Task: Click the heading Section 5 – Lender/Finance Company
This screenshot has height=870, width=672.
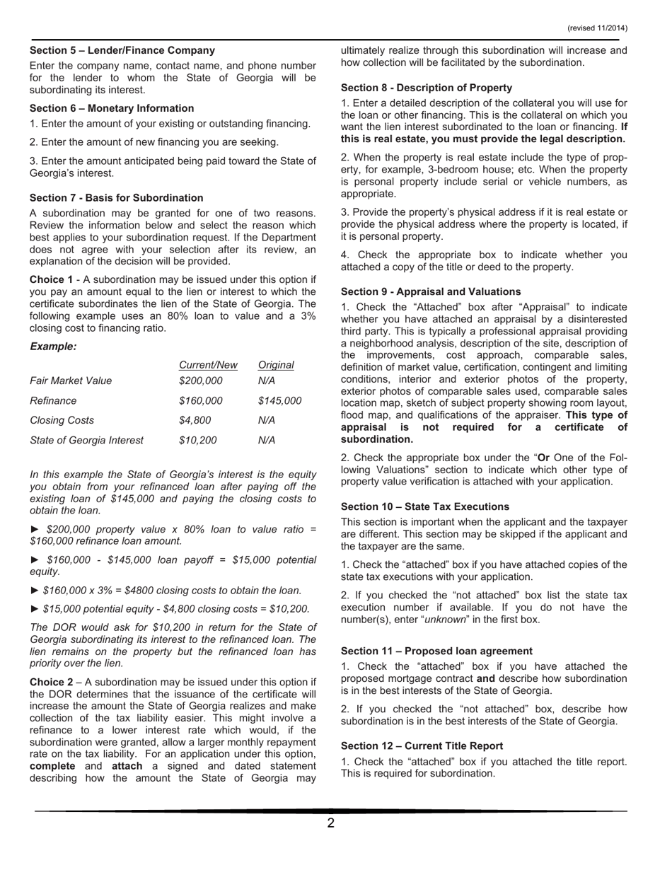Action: (122, 50)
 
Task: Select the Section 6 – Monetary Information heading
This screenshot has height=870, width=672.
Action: (112, 108)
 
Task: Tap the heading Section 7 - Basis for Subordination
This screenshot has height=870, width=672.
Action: (117, 197)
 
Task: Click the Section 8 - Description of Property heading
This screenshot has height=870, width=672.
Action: (427, 88)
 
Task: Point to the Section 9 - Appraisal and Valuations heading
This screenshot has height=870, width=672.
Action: (431, 291)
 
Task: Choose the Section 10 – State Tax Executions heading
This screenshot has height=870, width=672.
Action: (425, 506)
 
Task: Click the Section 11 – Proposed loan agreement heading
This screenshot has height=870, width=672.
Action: (436, 651)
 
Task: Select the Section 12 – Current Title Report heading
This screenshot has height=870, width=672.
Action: (422, 746)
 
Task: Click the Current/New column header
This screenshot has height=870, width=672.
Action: (208, 365)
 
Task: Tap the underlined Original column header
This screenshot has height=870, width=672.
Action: (276, 365)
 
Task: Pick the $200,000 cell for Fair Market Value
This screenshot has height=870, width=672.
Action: (201, 381)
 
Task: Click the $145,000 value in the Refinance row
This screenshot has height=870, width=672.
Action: (280, 400)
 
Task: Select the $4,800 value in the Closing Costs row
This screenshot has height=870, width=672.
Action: (195, 420)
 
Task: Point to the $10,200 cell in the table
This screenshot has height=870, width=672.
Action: (198, 440)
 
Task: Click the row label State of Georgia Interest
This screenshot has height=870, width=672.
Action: (86, 440)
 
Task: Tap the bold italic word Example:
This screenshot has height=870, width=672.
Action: (53, 346)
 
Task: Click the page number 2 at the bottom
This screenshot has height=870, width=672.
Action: (330, 823)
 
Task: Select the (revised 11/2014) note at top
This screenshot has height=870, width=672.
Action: (597, 28)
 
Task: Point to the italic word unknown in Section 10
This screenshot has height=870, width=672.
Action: (446, 620)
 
